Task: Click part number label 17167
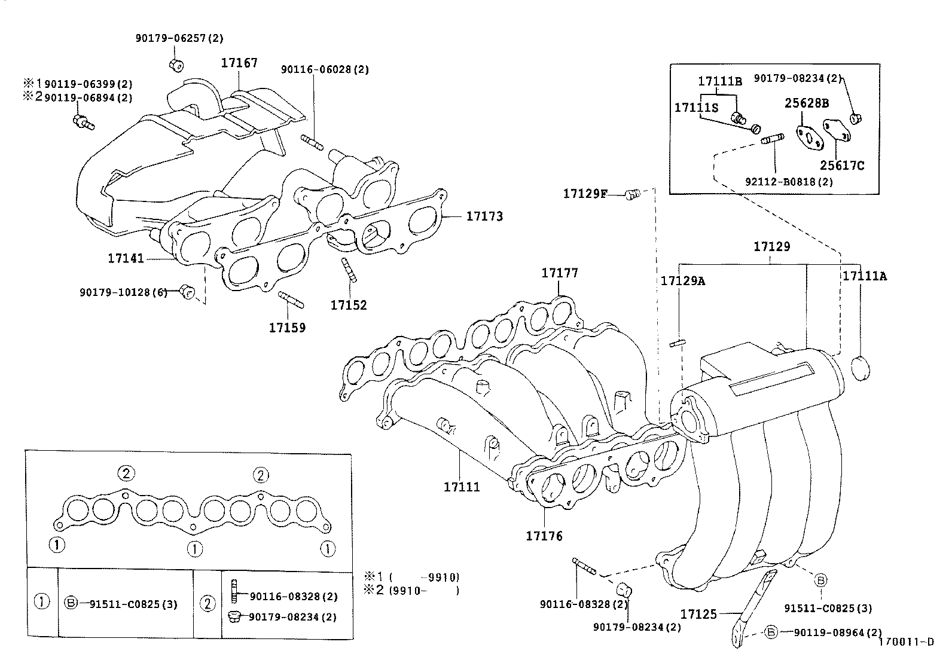coord(239,63)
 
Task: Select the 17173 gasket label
coord(484,216)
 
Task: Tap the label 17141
coord(126,258)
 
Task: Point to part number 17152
coord(349,305)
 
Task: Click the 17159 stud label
coord(286,328)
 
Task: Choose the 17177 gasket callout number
coord(560,273)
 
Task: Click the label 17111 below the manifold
coord(462,487)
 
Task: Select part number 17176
coord(544,536)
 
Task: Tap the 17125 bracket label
coord(698,614)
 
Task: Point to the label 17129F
coord(584,194)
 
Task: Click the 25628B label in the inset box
coord(807,103)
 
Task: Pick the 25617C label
coord(842,166)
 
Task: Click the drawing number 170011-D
coord(905,643)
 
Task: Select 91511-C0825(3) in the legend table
coord(133,604)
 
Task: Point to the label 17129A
coord(682,280)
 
